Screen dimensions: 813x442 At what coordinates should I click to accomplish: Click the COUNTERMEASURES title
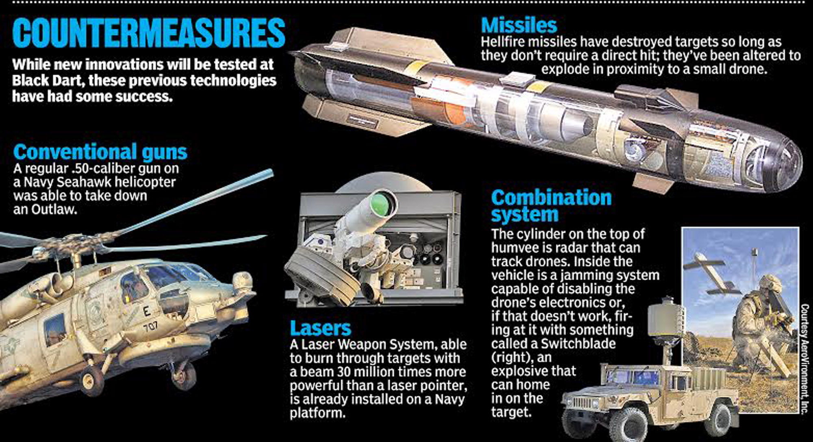pyautogui.click(x=149, y=32)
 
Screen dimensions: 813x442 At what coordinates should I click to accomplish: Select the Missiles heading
pyautogui.click(x=519, y=25)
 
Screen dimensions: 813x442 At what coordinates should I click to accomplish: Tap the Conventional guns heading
pyautogui.click(x=100, y=152)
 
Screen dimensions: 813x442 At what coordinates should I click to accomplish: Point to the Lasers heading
pyautogui.click(x=320, y=328)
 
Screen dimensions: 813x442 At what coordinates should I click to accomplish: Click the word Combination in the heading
pyautogui.click(x=551, y=198)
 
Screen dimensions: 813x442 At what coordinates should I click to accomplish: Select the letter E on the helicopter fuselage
pyautogui.click(x=146, y=312)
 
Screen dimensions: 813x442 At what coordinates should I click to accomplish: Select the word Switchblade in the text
pyautogui.click(x=578, y=344)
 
